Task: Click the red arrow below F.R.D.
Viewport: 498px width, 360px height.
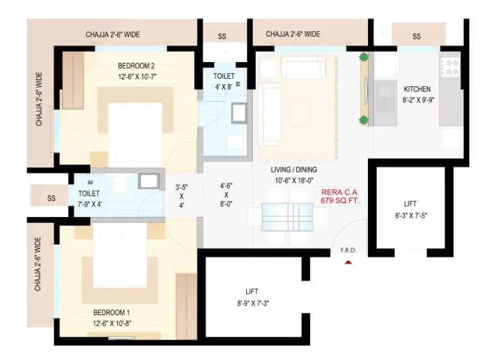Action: coord(348,262)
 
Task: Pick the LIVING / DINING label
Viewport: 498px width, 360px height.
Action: coord(294,174)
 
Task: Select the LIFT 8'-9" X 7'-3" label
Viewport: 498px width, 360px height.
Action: coord(252,297)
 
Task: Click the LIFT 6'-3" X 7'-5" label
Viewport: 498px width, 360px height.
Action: coord(410,208)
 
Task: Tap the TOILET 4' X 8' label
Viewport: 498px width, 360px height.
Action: coord(224,81)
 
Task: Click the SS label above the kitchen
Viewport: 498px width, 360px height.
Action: coord(417,37)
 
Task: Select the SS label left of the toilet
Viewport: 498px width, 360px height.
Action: coord(51,198)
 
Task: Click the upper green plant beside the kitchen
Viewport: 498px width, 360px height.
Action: coord(364,56)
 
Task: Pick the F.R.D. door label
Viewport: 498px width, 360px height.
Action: coord(348,251)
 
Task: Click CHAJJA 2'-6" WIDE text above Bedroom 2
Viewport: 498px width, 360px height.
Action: coord(113,34)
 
